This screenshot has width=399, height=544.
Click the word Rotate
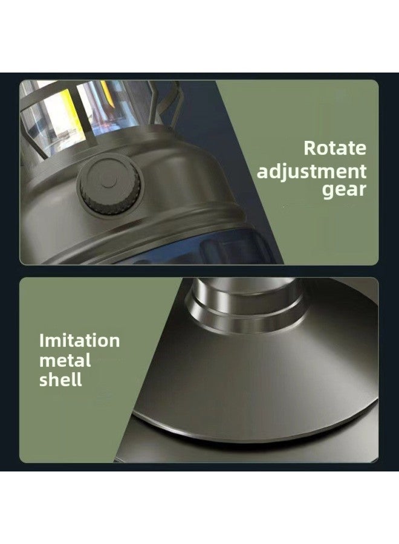(x=335, y=147)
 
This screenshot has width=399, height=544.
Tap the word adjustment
(x=312, y=171)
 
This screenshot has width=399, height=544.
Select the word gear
(x=345, y=191)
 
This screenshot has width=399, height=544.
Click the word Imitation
(x=79, y=340)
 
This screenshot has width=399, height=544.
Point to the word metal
(x=65, y=361)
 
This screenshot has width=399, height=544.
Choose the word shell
(x=60, y=381)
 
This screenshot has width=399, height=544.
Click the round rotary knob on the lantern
(x=106, y=182)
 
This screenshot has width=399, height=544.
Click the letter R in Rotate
(x=309, y=147)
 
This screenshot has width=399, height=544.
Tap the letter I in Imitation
(x=42, y=340)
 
